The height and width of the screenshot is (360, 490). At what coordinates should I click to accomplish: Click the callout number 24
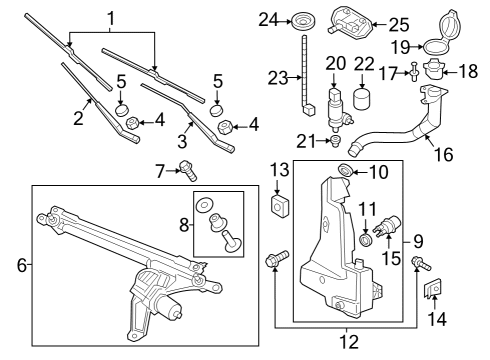click(268, 20)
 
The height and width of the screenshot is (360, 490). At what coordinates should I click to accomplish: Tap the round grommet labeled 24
click(304, 21)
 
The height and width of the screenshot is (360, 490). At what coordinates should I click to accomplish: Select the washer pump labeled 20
click(338, 109)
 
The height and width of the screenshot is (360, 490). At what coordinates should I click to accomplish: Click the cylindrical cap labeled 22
click(362, 99)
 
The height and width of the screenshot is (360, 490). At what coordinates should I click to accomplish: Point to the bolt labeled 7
click(188, 170)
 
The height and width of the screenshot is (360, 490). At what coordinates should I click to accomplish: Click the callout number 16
click(444, 154)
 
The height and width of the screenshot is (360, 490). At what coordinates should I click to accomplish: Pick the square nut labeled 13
click(279, 206)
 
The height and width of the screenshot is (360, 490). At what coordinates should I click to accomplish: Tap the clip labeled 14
click(432, 288)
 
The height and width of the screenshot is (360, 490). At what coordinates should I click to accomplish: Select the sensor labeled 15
click(387, 225)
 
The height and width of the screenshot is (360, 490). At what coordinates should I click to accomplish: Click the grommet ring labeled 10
click(345, 170)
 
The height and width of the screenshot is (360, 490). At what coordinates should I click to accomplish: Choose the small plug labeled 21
click(335, 140)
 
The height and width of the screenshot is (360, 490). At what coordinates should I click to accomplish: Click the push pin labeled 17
click(413, 71)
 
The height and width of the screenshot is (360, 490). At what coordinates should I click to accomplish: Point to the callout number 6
click(22, 265)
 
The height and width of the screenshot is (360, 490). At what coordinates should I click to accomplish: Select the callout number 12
click(349, 342)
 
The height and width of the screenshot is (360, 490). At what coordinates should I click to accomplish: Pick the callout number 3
click(182, 141)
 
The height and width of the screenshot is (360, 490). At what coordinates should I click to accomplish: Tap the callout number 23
click(278, 78)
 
